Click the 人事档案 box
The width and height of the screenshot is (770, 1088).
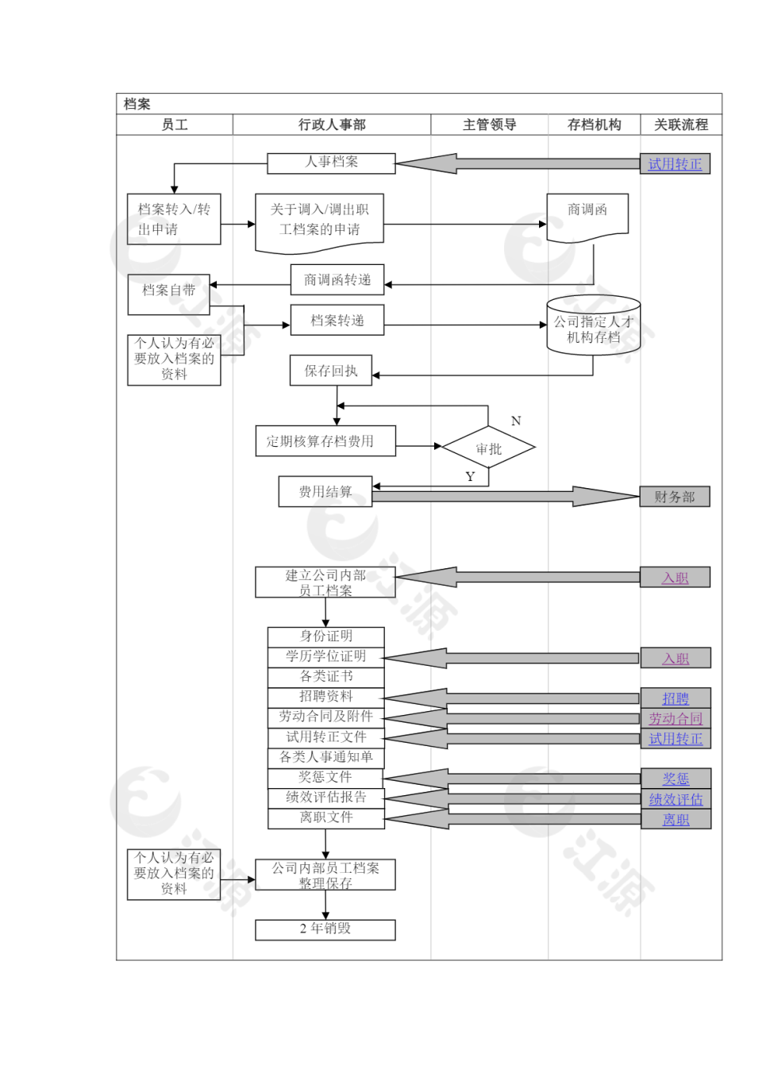(x=331, y=163)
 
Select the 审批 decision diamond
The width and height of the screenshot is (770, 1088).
(x=488, y=447)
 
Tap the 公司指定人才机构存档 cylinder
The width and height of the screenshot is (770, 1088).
(x=593, y=325)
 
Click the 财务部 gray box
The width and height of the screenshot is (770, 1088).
(x=674, y=497)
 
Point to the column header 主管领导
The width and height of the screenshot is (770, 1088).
(x=489, y=125)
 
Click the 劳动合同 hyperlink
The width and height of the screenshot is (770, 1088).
(x=676, y=718)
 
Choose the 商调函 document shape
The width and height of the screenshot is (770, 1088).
(x=587, y=217)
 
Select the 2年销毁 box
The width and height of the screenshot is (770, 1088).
(x=325, y=929)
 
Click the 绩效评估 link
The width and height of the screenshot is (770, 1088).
(x=676, y=799)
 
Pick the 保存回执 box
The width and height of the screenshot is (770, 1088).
(x=331, y=370)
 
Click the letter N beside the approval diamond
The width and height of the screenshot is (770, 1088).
(x=516, y=421)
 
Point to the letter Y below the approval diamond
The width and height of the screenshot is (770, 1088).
(x=470, y=476)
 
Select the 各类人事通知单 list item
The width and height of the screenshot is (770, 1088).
(x=326, y=757)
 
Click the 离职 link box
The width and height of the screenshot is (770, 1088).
(x=676, y=820)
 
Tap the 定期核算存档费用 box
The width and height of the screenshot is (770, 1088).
(x=325, y=441)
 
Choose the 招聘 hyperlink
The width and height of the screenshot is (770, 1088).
(x=676, y=698)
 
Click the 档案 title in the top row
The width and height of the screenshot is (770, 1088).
(x=137, y=104)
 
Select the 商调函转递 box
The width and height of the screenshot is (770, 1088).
(x=337, y=279)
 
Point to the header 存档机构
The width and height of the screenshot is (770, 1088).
(x=594, y=125)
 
